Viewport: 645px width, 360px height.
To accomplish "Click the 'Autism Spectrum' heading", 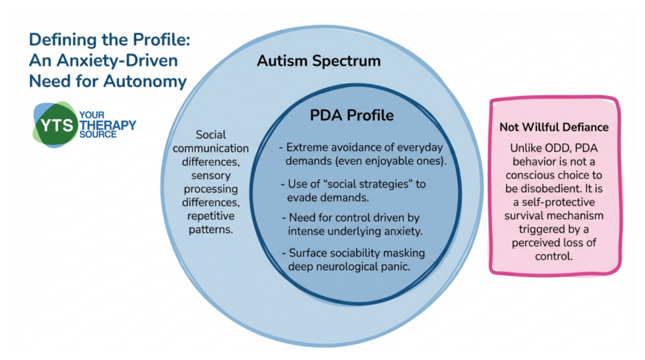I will (319, 61).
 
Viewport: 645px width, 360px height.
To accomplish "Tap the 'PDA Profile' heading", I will (352, 116).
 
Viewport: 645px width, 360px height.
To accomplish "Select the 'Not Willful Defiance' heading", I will (554, 127).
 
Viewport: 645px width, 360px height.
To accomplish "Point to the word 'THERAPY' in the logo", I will (108, 125).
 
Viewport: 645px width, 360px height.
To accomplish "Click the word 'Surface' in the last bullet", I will (307, 253).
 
